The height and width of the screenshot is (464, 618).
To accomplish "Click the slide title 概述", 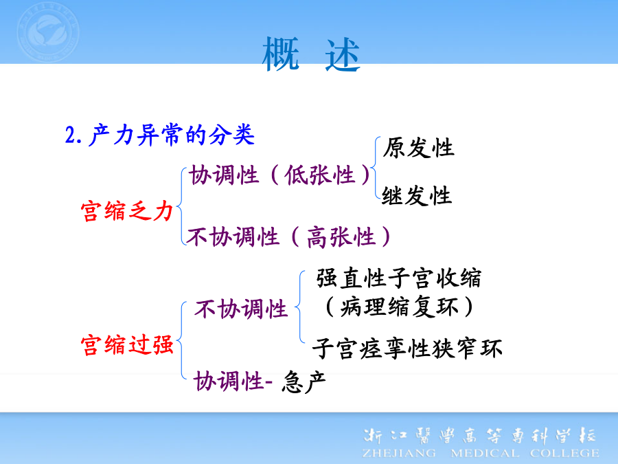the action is point(311,54).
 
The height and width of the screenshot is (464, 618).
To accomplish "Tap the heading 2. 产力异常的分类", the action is point(159,135).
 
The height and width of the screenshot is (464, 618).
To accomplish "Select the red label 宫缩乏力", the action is point(127,211).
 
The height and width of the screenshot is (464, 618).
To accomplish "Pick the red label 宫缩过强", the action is point(127,345).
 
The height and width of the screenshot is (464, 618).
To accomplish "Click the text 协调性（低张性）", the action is point(280,175).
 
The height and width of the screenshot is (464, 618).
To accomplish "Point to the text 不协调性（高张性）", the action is point(289,236).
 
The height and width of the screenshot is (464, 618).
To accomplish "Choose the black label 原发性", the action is point(418,148).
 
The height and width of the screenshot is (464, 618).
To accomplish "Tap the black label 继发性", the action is point(417,195).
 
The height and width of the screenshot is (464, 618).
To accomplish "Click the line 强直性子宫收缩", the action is point(398,278).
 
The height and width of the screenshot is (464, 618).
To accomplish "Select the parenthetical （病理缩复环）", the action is point(398,307).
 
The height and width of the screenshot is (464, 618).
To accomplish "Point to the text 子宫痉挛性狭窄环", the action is point(407,349).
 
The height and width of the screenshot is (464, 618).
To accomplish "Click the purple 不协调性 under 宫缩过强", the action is point(241,308).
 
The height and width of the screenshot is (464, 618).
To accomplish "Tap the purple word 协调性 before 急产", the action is point(229,381).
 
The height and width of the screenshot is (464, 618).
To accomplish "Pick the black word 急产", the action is point(304,382).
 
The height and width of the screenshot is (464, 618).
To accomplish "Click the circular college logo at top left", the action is point(48,32).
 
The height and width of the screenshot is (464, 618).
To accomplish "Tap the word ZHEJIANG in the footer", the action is point(399,453).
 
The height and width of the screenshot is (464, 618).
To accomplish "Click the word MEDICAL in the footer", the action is point(484,453).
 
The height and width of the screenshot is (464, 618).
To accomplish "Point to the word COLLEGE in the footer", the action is point(564,453).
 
